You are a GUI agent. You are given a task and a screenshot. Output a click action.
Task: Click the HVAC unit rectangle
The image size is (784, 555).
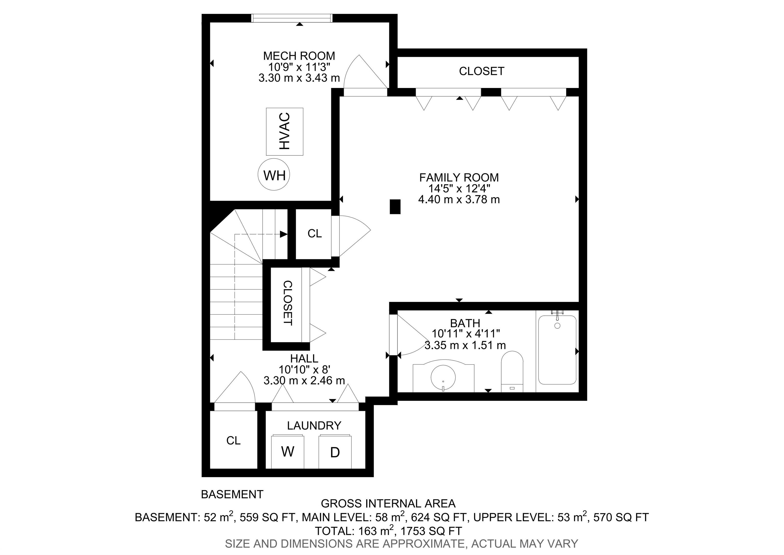click(x=285, y=132)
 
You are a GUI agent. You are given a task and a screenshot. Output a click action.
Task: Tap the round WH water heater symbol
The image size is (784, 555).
click(x=274, y=175)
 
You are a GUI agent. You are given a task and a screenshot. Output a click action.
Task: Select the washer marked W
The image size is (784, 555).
click(x=288, y=451)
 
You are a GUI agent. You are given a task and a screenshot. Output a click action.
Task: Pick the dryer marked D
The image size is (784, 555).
click(x=335, y=451)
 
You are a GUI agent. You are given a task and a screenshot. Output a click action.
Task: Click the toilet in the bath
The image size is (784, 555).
click(x=512, y=372)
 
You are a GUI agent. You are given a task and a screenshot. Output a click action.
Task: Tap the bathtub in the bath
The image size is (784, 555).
click(x=557, y=349)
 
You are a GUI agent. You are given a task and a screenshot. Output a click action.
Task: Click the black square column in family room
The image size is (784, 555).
click(x=395, y=207)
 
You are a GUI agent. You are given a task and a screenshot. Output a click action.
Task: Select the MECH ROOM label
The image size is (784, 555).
click(x=299, y=56)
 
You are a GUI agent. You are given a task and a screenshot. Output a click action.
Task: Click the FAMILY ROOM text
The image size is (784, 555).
click(x=459, y=177)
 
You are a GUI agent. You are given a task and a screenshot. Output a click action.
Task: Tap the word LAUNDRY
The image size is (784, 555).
click(x=314, y=425)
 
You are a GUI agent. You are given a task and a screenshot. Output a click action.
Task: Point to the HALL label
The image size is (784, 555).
click(x=304, y=358)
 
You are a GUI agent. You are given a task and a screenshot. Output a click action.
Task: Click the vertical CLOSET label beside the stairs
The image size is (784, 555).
click(x=288, y=303)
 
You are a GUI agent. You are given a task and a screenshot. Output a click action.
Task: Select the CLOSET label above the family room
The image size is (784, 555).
click(x=482, y=71)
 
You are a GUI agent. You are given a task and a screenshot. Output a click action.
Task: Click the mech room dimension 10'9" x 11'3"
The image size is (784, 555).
click(x=299, y=67)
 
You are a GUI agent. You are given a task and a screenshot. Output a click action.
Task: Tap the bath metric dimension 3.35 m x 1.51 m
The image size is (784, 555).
click(x=465, y=345)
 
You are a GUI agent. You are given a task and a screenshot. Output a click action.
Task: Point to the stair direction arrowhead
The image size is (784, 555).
click(x=284, y=234)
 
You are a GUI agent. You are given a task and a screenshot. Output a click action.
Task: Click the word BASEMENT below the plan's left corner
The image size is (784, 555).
click(x=232, y=494)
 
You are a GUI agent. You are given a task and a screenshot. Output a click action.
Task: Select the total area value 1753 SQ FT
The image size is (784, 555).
click(x=431, y=531)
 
